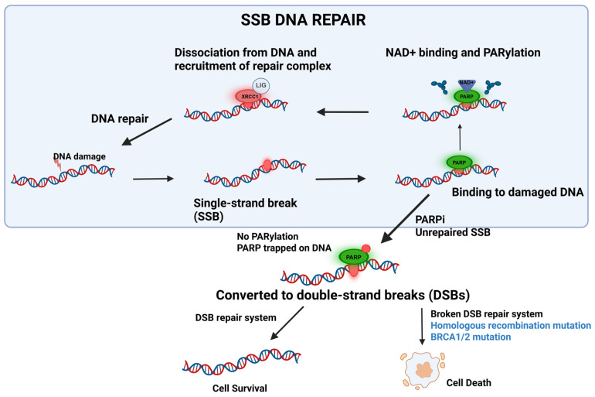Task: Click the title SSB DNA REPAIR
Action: coord(303,20)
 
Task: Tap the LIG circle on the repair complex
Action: coord(261,85)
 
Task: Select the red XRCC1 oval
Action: coord(249,97)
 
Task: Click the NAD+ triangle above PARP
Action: coord(467,84)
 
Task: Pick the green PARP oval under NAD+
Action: coord(467,97)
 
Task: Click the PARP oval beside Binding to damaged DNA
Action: coord(459,163)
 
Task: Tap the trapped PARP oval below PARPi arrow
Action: coord(354,257)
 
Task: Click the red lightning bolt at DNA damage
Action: coord(57,163)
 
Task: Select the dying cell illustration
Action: coord(423,370)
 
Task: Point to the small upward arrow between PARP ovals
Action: coord(460,137)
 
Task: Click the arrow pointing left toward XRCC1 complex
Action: coord(342,112)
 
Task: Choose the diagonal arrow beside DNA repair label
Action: coord(147,132)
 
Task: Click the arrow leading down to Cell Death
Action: coord(422,327)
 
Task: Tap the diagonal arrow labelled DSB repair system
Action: coord(287,323)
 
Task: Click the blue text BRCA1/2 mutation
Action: coord(471,337)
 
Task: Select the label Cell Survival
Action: coord(240,388)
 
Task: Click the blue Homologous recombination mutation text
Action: coord(510,326)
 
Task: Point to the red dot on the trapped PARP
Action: coord(365,249)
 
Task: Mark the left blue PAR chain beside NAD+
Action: coord(440,87)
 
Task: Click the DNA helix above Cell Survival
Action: coord(242,361)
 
